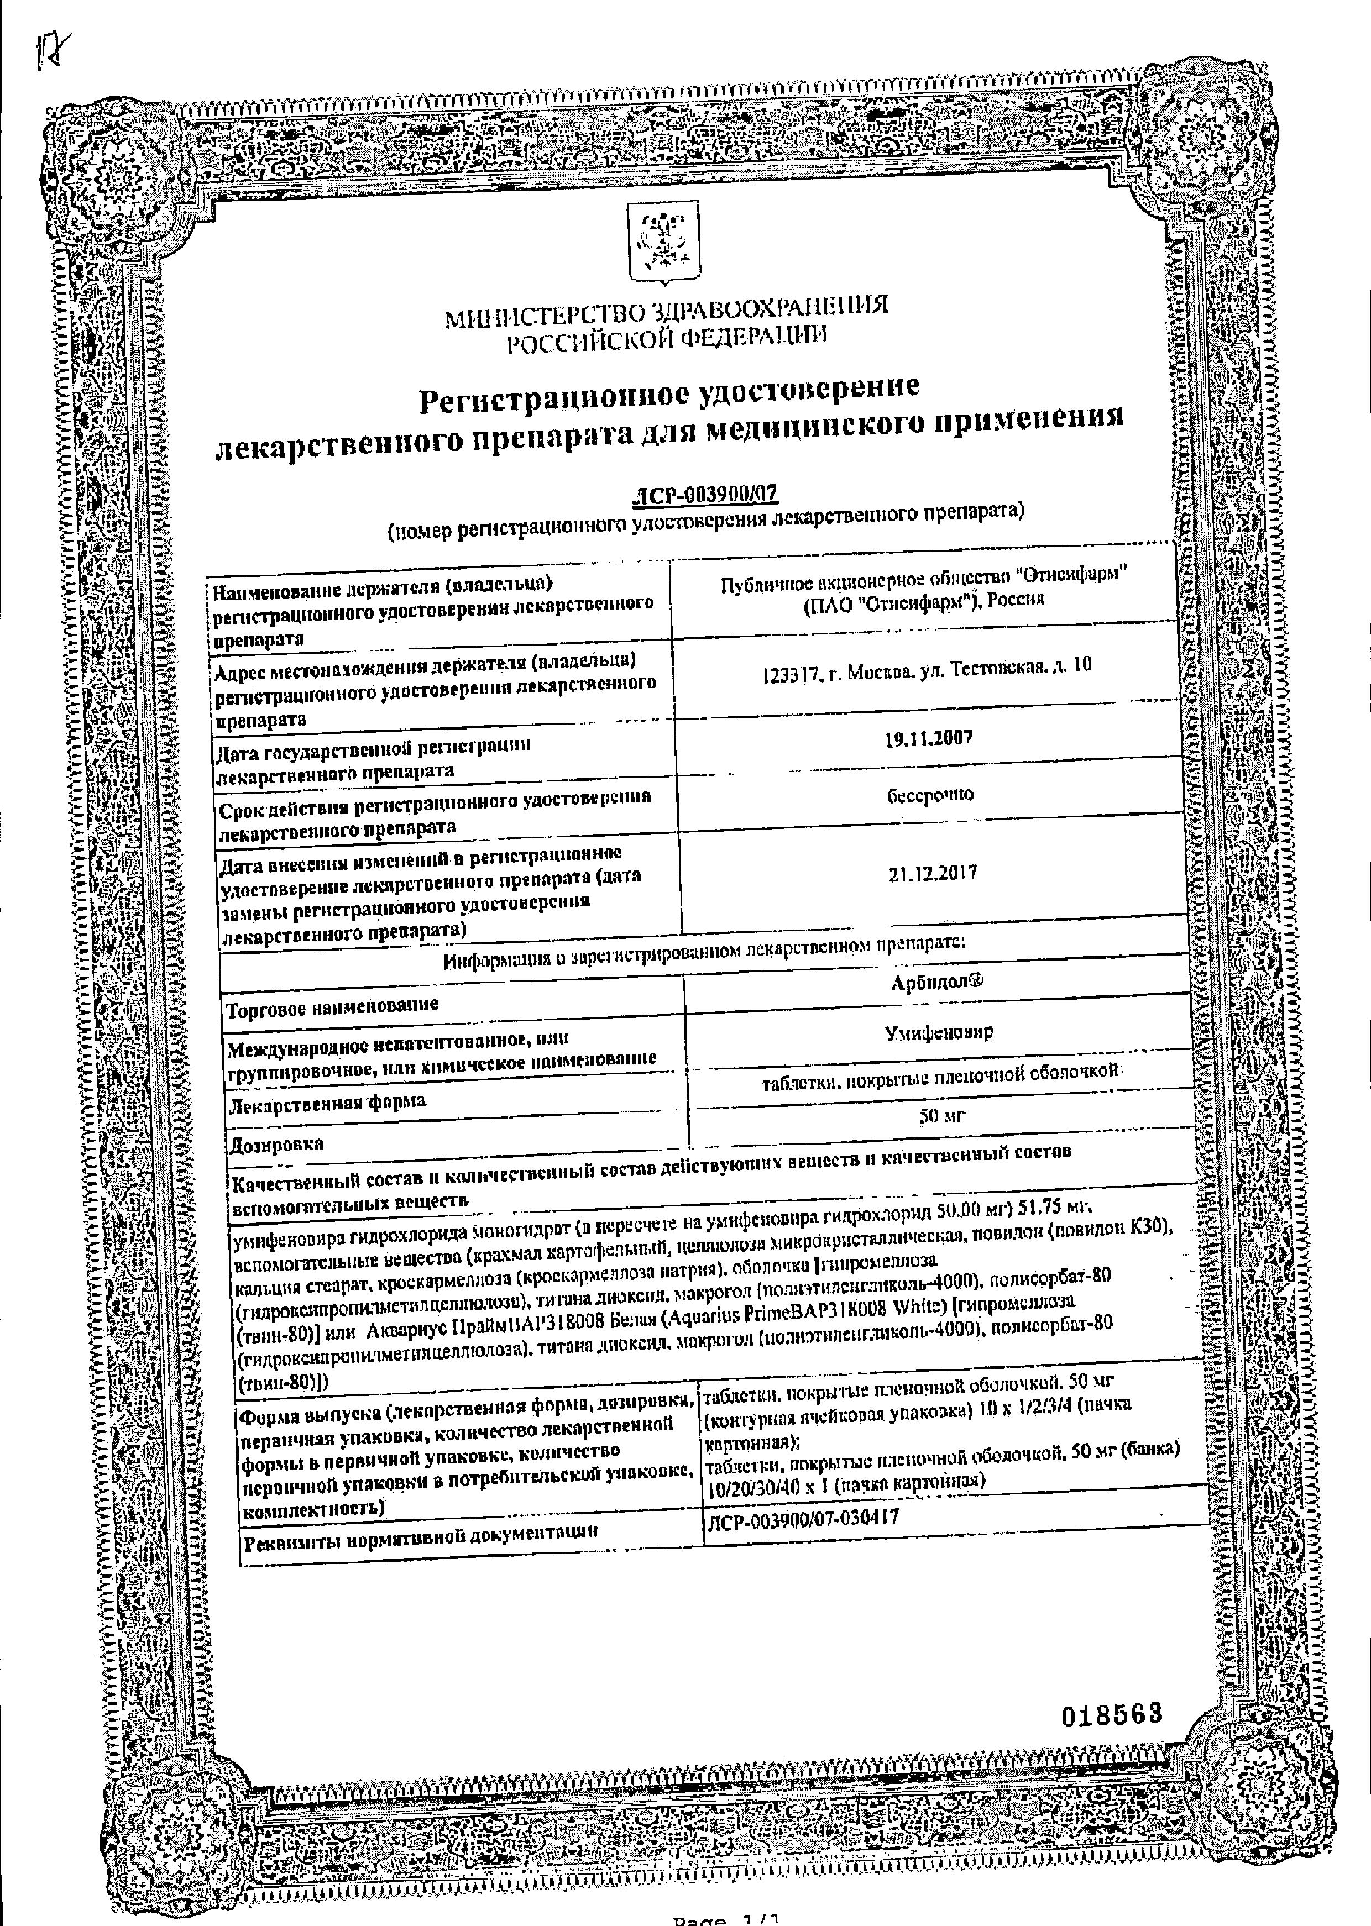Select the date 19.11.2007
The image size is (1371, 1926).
tap(929, 738)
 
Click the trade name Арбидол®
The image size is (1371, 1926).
tap(937, 981)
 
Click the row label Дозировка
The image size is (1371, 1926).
tap(277, 1145)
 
